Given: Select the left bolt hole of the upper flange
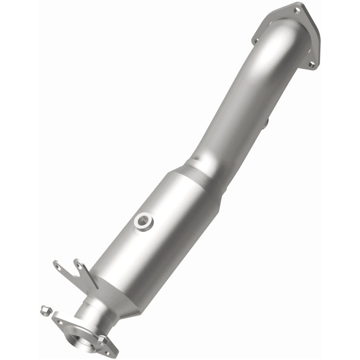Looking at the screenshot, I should [x=256, y=41].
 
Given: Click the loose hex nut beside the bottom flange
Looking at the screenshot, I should [x=44, y=310].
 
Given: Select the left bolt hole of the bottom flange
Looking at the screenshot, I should [x=58, y=320].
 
